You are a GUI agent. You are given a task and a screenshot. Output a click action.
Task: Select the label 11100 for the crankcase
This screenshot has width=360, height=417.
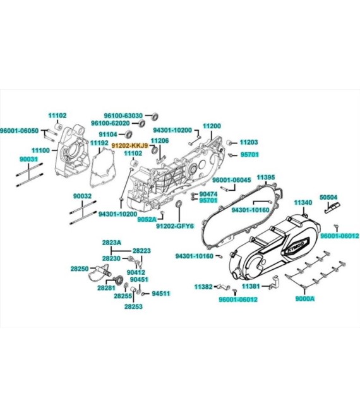tap(40, 150)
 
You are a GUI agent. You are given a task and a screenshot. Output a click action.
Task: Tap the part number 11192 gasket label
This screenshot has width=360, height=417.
tap(99, 143)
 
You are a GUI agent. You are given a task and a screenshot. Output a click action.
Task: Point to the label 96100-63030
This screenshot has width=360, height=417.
tap(123, 116)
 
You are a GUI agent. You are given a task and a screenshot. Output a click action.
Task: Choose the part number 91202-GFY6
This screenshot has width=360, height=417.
tap(175, 226)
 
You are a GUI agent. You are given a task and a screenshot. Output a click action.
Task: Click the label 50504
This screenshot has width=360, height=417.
tap(328, 197)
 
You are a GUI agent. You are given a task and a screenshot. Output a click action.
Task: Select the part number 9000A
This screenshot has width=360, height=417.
tap(305, 299)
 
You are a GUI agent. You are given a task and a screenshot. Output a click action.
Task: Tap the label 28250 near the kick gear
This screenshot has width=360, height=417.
tap(80, 269)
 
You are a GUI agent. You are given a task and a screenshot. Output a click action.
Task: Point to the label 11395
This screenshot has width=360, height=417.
tap(266, 177)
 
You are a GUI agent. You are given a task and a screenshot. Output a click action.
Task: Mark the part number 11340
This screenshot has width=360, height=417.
tap(303, 203)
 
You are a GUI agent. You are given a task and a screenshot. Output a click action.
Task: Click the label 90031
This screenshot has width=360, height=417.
tap(28, 159)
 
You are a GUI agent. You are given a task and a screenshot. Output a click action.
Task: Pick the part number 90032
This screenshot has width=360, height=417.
tap(83, 196)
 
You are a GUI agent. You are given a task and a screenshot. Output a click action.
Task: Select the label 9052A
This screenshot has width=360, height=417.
tap(147, 219)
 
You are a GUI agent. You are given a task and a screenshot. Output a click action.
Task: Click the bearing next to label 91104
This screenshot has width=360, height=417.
tap(129, 134)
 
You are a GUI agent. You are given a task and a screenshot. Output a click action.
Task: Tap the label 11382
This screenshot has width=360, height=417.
tap(203, 287)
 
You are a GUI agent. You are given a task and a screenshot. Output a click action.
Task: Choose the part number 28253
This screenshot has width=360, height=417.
tap(133, 306)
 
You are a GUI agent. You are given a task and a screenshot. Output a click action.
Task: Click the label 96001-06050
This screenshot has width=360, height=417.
tap(19, 131)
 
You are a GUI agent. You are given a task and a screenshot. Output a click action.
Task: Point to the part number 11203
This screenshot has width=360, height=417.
tap(249, 142)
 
